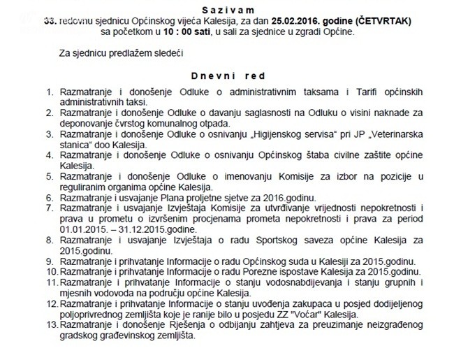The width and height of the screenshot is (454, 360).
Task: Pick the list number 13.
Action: tap(48, 324)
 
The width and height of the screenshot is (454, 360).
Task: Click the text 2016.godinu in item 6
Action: tap(290, 198)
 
